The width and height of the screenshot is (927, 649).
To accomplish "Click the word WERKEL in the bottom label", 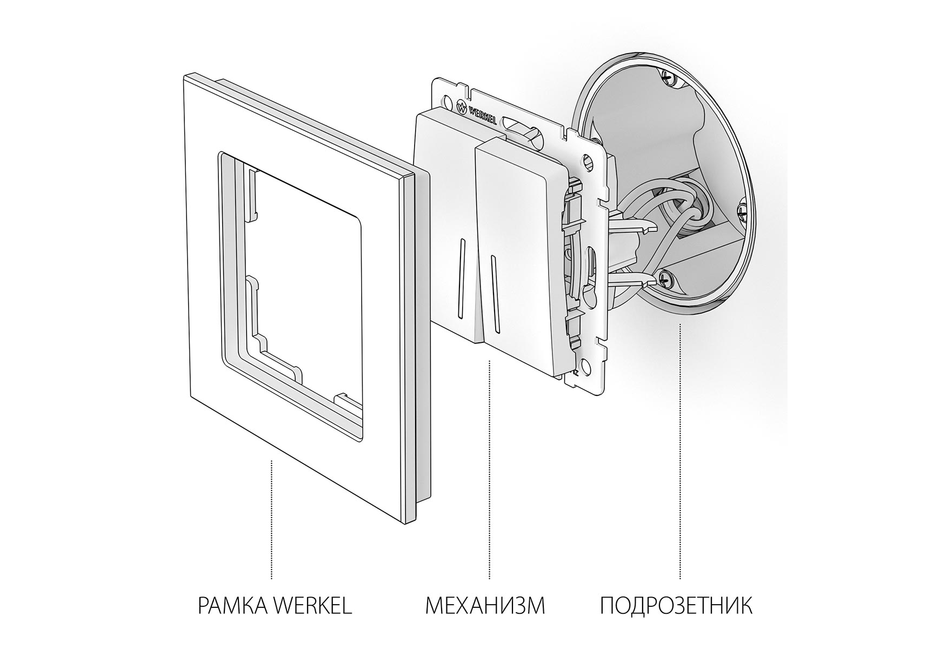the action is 311,606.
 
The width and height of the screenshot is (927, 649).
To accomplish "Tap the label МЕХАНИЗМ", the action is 485,606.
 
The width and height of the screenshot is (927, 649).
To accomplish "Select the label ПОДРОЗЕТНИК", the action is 676,606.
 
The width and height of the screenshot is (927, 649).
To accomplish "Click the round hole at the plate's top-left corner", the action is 446,101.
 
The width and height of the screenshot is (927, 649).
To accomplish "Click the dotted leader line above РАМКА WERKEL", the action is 271,520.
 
